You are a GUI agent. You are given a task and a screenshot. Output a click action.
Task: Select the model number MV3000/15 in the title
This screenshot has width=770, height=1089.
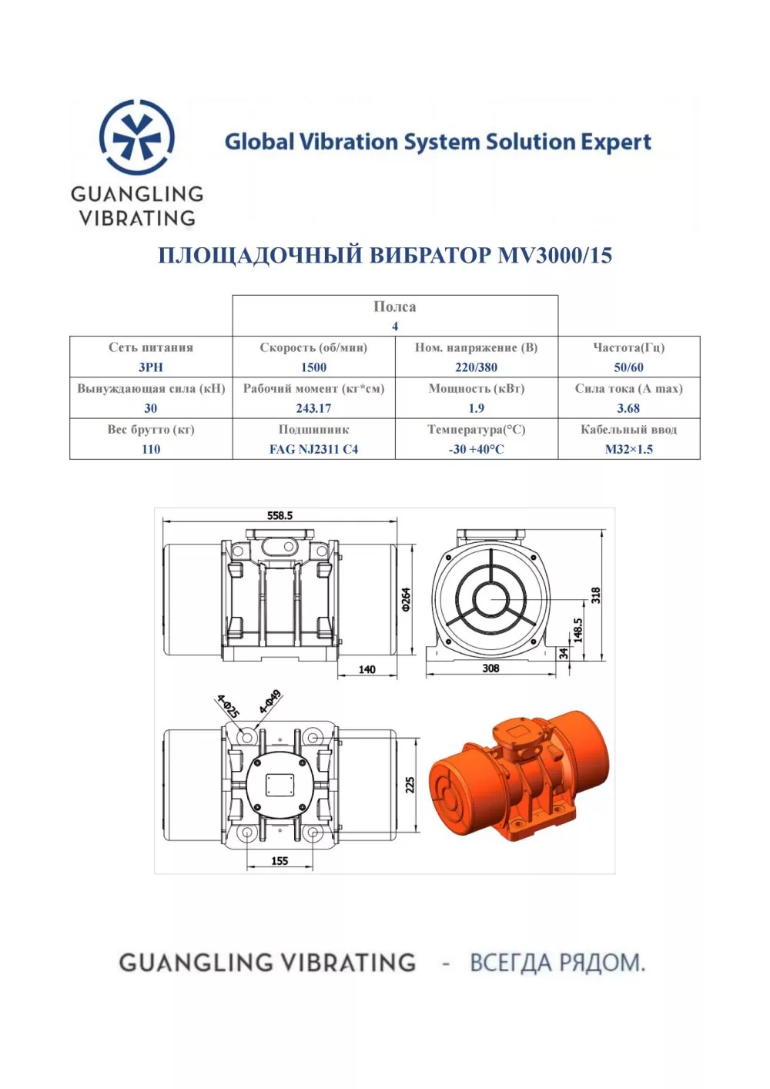coord(554,255)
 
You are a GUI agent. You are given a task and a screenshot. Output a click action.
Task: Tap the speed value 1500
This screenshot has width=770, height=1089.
coord(313,367)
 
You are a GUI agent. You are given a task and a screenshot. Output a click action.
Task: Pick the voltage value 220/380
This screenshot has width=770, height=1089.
coord(476,367)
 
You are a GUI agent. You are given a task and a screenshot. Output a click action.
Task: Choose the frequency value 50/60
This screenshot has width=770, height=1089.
coord(628,367)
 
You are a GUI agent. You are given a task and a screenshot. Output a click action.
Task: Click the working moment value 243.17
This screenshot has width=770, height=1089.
coord(313,408)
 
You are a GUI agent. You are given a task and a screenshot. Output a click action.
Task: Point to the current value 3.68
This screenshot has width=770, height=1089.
coord(628,408)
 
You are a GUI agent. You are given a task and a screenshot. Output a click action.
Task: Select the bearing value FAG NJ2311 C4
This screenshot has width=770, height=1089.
coord(313,449)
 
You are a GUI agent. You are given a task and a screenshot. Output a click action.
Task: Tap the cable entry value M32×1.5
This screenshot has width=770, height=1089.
coord(628,449)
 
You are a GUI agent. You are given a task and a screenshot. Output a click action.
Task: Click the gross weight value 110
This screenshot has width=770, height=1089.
coord(151,449)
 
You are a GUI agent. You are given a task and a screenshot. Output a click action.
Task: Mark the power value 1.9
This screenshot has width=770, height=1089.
coord(476,408)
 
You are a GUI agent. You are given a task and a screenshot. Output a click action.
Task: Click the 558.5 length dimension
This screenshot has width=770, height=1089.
coord(280,515)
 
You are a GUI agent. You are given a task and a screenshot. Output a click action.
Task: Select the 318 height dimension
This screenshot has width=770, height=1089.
coord(596,595)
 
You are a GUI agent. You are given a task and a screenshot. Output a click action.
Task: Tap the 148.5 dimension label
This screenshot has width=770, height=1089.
coord(578,631)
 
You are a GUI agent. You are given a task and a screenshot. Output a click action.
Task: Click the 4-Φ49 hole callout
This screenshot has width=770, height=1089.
coord(270,702)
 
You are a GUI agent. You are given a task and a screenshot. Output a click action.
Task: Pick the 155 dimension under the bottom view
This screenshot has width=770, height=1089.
coord(280,861)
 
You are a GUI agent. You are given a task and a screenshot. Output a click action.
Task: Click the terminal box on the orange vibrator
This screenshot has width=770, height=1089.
coord(517,737)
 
